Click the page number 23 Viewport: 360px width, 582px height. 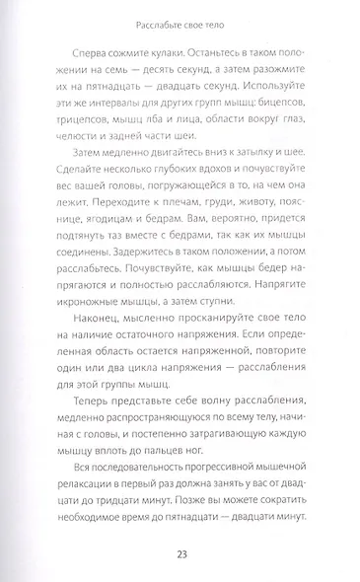180,552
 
